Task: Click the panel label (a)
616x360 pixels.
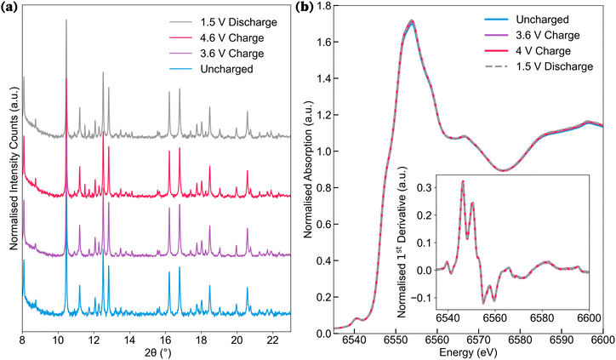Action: point(12,8)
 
